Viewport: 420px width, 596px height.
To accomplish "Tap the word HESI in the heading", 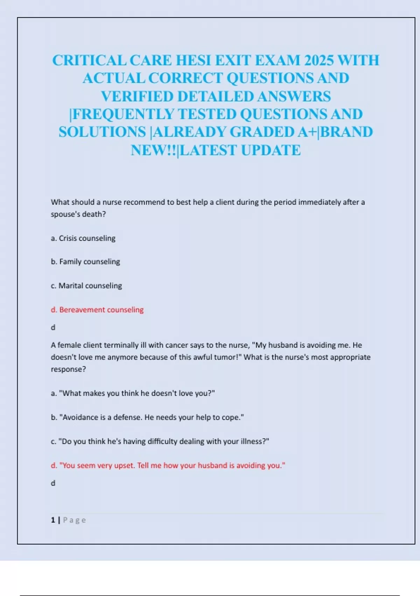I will [x=193, y=60].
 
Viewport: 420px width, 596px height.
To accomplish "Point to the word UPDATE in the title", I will [x=271, y=150].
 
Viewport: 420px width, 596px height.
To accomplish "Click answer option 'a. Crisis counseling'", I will [x=83, y=238].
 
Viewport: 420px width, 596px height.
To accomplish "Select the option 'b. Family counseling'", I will [x=85, y=262].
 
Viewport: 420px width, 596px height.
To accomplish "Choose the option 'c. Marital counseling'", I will [x=86, y=286].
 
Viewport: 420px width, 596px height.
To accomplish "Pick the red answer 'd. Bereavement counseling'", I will [x=97, y=310].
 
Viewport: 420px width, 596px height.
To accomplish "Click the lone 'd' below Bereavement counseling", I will [x=53, y=327].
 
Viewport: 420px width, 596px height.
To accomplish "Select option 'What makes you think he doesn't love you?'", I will [x=133, y=393].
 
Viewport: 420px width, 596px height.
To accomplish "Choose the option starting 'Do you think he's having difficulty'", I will [x=160, y=441].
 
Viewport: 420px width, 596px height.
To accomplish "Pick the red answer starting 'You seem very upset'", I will [x=168, y=466].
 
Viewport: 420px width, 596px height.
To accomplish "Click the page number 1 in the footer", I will [x=53, y=520].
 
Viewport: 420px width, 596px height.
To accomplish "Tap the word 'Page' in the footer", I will [x=74, y=520].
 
